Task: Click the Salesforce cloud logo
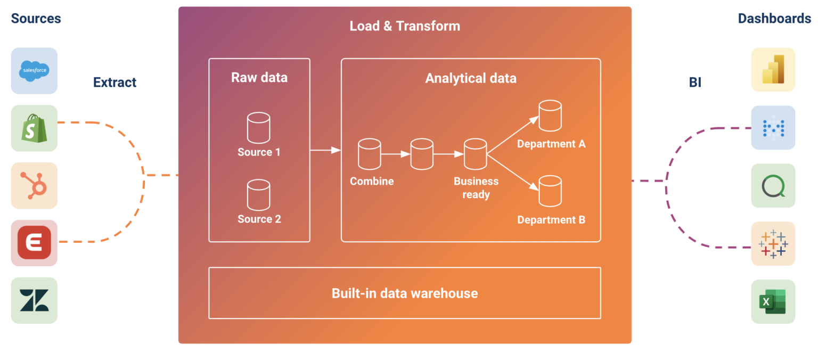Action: coord(34,71)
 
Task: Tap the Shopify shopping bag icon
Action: coord(34,128)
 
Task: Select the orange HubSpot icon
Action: coord(34,185)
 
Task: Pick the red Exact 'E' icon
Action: coord(34,243)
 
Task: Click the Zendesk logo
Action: coord(34,300)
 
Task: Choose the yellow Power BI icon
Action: coord(773,70)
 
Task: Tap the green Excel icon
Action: coord(773,301)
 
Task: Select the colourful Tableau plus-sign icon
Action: coord(773,243)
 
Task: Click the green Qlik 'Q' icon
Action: coord(773,186)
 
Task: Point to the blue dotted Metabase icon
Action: coord(773,128)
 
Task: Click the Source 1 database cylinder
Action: coord(259,128)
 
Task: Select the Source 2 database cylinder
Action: coord(259,195)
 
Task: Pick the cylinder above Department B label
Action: coord(550,192)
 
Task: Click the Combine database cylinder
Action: coord(370,153)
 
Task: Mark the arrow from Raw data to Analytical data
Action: coord(325,151)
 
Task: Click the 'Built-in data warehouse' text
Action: coord(404,293)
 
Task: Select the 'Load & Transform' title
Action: coord(405,26)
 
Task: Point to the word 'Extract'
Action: coord(114,83)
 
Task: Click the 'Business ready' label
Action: coord(476,188)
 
